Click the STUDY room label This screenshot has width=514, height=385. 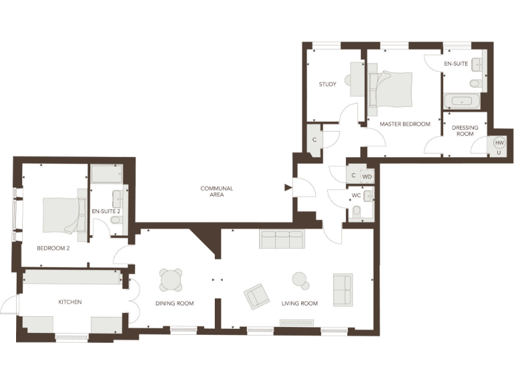click(x=327, y=84)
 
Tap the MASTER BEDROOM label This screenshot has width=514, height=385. click(x=405, y=124)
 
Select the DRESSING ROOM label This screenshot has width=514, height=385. click(x=464, y=130)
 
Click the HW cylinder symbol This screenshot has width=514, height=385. click(x=499, y=142)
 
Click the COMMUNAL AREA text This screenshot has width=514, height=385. click(x=217, y=192)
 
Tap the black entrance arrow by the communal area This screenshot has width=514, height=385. click(x=288, y=188)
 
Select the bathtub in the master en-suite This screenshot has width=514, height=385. click(x=462, y=102)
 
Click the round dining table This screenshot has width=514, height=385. click(x=171, y=279)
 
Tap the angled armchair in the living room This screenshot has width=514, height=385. click(x=257, y=296)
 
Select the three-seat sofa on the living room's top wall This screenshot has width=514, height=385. click(x=281, y=239)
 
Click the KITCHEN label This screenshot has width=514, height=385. click(x=70, y=302)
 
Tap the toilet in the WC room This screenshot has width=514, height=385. click(x=357, y=212)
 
